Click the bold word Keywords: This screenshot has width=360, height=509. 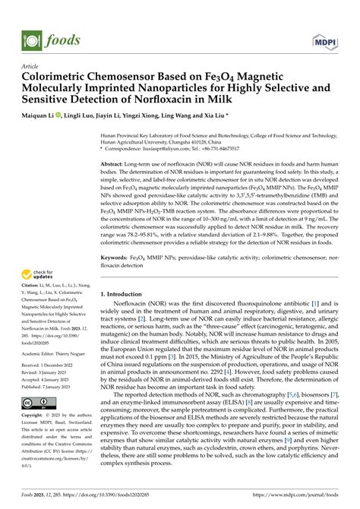[115, 238]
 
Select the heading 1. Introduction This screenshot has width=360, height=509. [125, 272]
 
